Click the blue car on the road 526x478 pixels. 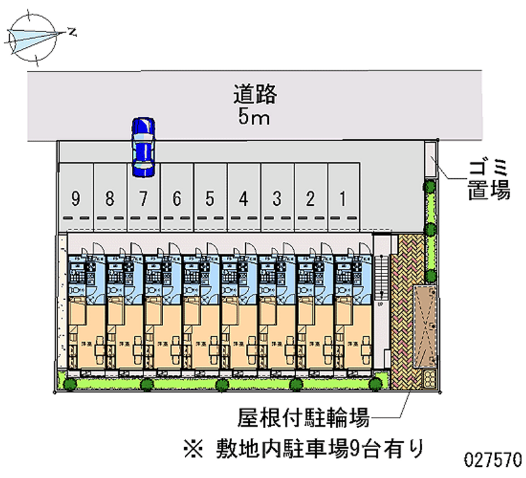tap(143, 147)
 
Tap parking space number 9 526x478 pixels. tap(76, 197)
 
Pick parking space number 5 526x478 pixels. tap(210, 197)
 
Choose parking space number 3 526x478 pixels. tap(277, 197)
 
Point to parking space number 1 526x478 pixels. tap(343, 197)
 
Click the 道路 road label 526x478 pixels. tap(255, 95)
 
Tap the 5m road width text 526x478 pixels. tap(255, 118)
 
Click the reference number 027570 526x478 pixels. tap(494, 458)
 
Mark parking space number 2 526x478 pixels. tap(310, 197)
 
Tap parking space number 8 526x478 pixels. tap(110, 197)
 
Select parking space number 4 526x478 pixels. tap(243, 197)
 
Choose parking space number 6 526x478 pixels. tap(176, 197)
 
